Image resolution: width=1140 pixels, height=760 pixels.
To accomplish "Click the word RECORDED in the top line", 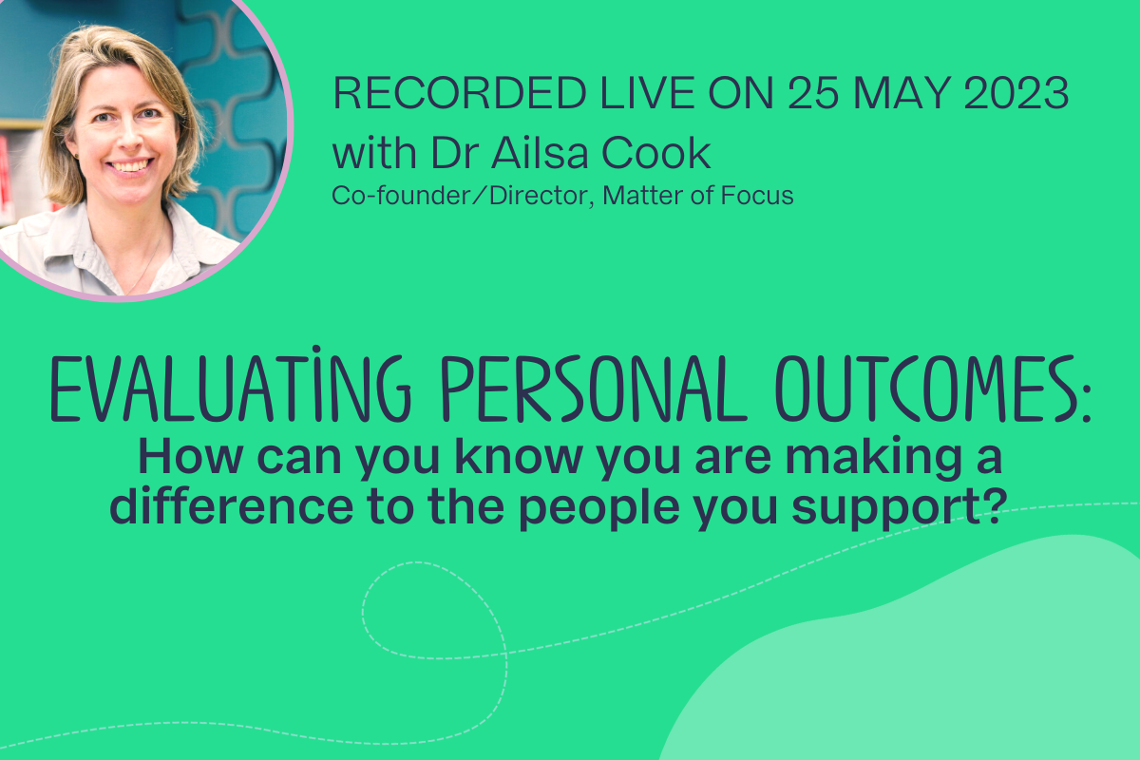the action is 460,93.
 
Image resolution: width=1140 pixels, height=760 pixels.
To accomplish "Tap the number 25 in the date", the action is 812,93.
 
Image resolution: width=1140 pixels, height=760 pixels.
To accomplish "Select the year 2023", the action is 1016,93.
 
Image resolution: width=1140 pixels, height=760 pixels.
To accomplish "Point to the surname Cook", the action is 656,152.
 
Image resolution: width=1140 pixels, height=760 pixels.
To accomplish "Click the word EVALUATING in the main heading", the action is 230,386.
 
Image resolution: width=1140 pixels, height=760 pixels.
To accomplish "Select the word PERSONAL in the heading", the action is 594,388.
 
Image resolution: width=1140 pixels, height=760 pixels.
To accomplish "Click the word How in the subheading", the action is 190,457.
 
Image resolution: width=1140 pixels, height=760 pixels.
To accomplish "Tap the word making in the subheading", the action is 873,459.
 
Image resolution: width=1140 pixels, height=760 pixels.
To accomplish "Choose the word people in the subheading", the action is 600,509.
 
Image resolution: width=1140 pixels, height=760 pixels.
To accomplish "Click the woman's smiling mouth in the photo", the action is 130,166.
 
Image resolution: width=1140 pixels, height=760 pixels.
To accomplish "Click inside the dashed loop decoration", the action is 432,611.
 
